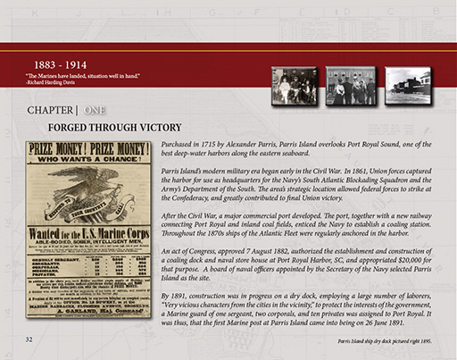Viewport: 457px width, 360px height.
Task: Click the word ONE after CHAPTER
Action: tap(97, 110)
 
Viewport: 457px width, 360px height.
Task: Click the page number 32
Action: tap(29, 340)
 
